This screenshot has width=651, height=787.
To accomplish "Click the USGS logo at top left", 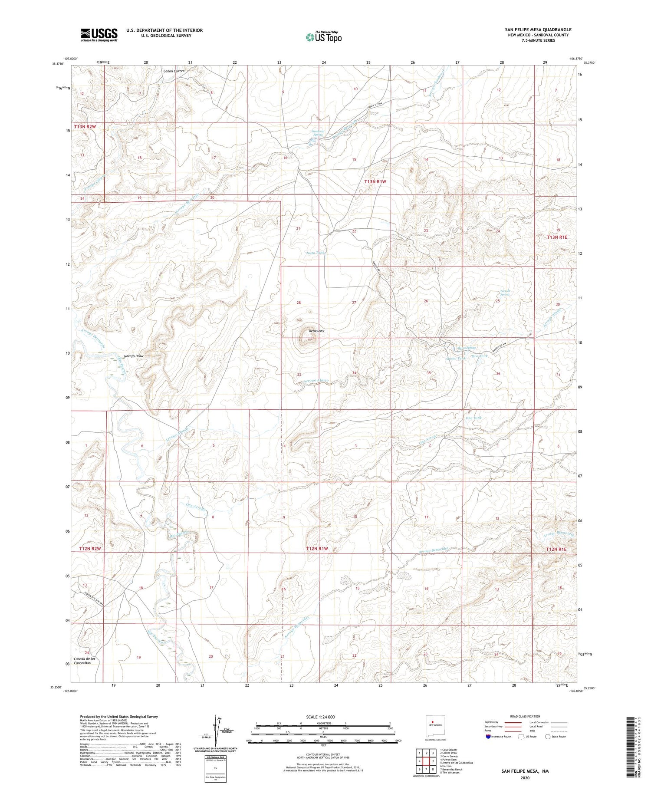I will pyautogui.click(x=99, y=35).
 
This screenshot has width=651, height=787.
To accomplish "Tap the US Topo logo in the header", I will pyautogui.click(x=324, y=37).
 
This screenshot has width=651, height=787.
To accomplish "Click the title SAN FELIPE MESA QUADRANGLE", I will pyautogui.click(x=538, y=30).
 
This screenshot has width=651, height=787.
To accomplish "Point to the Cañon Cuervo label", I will pyautogui.click(x=174, y=71).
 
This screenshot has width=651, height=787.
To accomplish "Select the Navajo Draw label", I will pyautogui.click(x=134, y=356).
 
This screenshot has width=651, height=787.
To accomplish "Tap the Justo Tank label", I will pyautogui.click(x=315, y=252).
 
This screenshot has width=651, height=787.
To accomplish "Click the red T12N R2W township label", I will pyautogui.click(x=90, y=549).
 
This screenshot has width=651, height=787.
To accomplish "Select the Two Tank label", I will pyautogui.click(x=480, y=356).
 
